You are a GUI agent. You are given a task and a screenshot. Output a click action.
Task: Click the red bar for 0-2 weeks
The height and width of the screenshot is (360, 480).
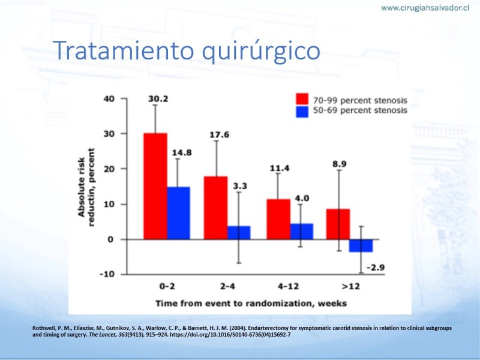tap(155, 186)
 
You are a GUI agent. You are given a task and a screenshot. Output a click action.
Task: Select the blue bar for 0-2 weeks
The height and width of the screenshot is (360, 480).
tap(178, 213)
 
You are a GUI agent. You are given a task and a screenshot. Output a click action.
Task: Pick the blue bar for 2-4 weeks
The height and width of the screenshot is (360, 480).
tap(239, 233)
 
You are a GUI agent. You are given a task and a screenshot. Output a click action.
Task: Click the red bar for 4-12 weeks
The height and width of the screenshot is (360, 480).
tap(278, 219)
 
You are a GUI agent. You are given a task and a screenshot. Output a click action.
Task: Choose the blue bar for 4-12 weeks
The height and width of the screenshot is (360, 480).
tap(301, 232)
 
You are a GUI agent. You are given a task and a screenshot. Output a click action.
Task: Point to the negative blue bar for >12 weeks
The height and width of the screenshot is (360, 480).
tap(361, 245)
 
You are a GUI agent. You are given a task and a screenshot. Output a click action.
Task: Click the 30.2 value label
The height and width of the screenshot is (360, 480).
tap(158, 99)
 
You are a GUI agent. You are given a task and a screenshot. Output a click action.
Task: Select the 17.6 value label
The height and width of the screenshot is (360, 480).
tap(219, 135)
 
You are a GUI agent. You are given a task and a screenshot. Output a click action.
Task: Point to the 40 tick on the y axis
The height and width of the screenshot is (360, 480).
tap(110, 98)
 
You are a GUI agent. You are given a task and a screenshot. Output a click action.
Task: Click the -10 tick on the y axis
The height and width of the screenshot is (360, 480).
tap(108, 274)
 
